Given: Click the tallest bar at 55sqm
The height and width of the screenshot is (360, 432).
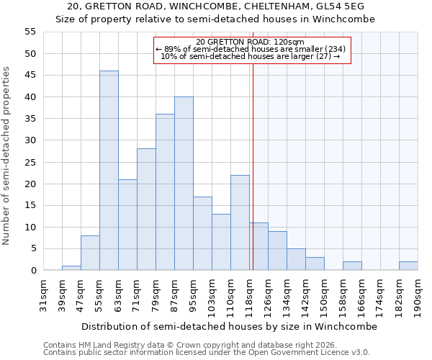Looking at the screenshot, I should click(109, 171).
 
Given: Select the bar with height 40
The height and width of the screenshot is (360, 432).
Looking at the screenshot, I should click(184, 184).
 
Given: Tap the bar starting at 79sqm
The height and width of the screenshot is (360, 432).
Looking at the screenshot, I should click(165, 192).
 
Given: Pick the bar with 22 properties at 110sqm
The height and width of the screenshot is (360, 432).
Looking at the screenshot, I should click(240, 222).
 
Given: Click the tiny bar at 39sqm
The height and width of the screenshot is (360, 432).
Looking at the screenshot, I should click(71, 268).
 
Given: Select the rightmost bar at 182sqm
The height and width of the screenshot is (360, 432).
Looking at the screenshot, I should click(408, 266).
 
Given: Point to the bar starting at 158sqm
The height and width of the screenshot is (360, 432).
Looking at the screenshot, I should click(352, 266).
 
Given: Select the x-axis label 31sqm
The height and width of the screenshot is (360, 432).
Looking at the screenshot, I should click(43, 295).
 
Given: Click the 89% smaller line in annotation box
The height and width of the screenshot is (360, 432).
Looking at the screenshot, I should click(251, 49).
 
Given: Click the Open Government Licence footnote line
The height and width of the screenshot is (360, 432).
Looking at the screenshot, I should click(207, 352).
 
